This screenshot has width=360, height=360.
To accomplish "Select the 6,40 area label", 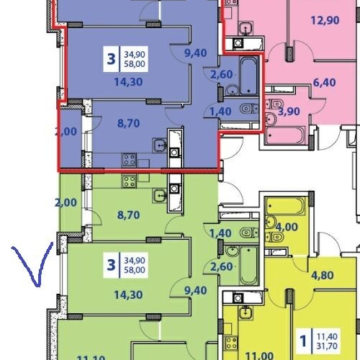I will pyautogui.click(x=325, y=82).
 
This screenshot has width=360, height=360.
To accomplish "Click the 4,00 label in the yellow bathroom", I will pyautogui.click(x=287, y=227).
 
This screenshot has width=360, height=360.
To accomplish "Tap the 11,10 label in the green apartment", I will pyautogui.click(x=89, y=356).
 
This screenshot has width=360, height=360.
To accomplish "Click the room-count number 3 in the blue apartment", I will pyautogui.click(x=111, y=58).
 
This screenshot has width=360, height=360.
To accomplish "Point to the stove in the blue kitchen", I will pyautogui.click(x=130, y=160).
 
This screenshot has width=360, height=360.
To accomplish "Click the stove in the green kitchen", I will pyautogui.click(x=130, y=181).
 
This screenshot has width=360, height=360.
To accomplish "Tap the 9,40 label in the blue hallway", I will pyautogui.click(x=196, y=52).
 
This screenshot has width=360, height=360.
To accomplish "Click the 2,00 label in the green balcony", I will pyautogui.click(x=66, y=203).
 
